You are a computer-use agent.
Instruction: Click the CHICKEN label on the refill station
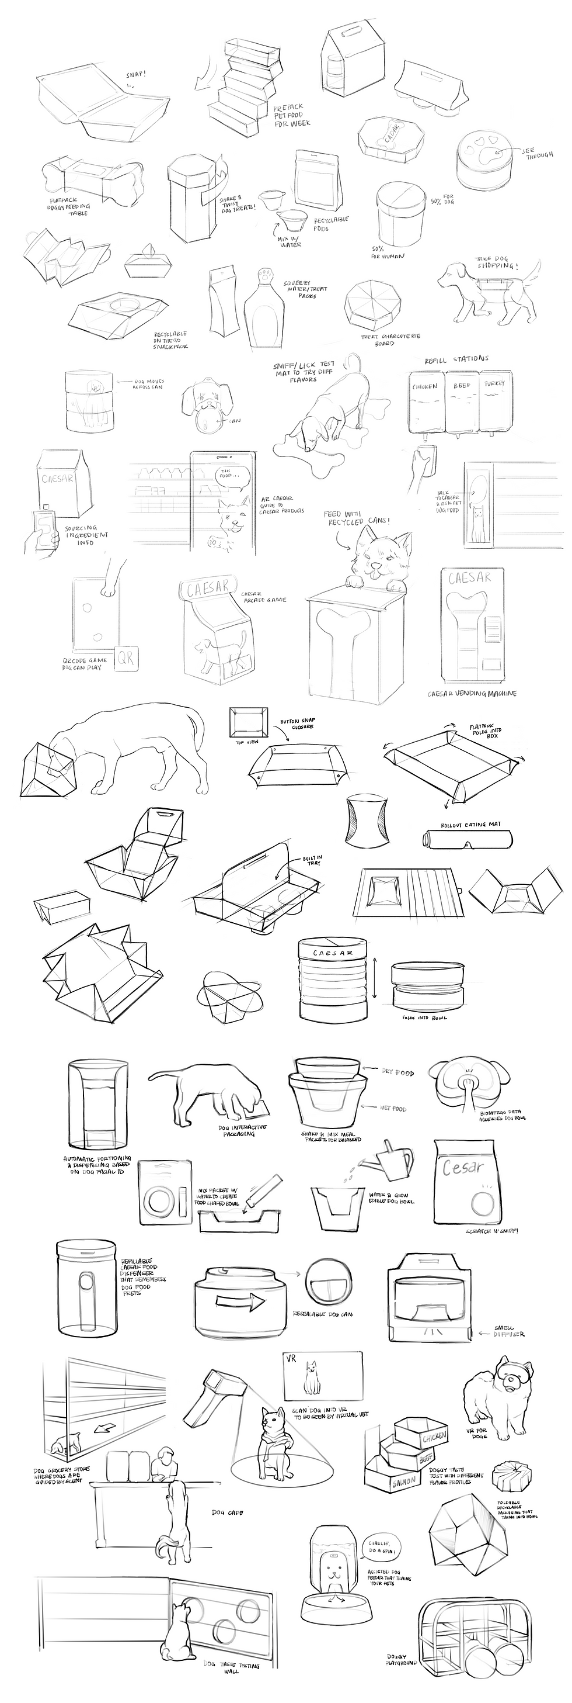click(425, 385)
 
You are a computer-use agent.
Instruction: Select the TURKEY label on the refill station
click(494, 383)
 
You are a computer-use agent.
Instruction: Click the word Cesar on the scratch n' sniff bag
click(463, 1166)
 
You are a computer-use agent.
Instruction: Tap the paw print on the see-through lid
click(487, 155)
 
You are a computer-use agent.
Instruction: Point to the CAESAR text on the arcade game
click(207, 587)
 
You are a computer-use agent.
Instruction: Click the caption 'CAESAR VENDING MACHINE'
click(472, 693)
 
